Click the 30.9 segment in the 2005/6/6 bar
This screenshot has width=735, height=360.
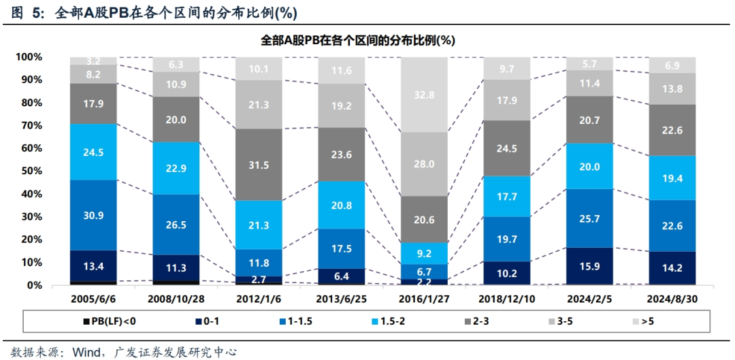tap(94, 215)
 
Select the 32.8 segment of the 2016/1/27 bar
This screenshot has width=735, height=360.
tap(424, 95)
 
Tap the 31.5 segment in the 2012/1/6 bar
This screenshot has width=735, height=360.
tap(259, 165)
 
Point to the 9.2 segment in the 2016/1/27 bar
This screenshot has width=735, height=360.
tap(424, 253)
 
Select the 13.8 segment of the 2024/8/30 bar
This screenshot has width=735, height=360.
tap(671, 88)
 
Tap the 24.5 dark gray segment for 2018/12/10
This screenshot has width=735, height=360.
tap(506, 148)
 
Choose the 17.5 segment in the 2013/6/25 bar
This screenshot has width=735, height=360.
tap(341, 248)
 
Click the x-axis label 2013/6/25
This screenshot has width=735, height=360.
tap(341, 299)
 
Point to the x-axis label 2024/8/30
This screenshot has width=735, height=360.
tap(671, 299)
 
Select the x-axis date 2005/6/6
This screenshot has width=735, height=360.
tap(94, 299)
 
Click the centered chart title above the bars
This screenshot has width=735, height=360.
tap(358, 40)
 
